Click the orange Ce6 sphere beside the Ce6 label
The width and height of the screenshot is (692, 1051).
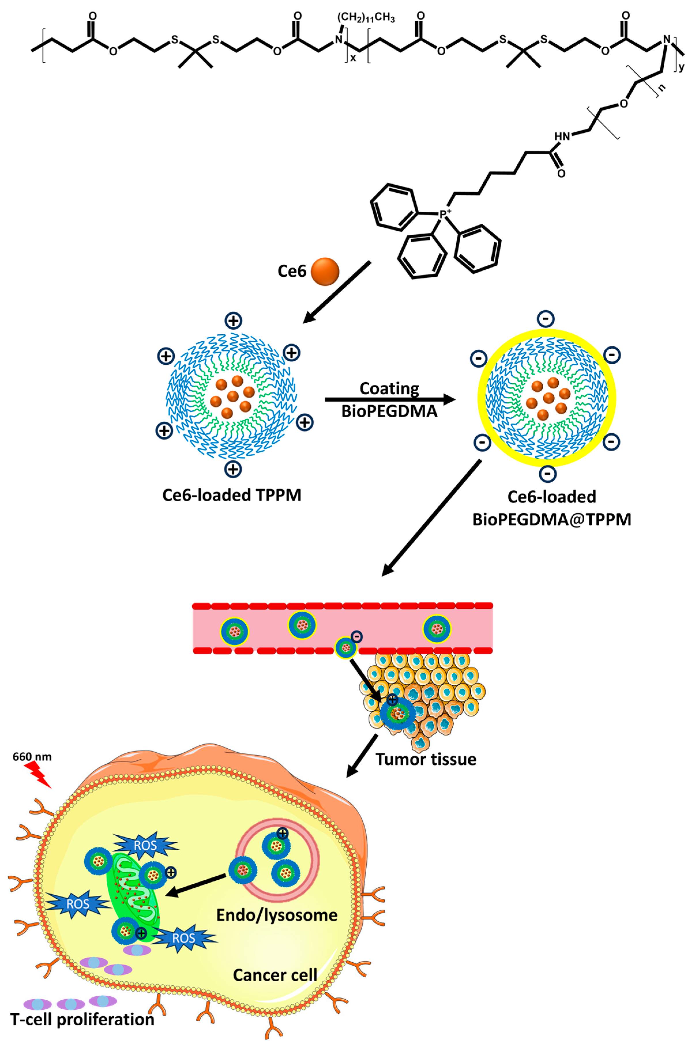pos(325,272)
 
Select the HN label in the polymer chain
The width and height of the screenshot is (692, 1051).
pos(562,136)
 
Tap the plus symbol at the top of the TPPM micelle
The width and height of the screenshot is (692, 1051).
pos(233,320)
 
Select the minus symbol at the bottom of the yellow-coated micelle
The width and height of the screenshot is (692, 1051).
pos(547,474)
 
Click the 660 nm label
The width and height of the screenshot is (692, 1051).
pos(32,757)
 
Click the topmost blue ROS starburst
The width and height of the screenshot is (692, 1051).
pos(145,845)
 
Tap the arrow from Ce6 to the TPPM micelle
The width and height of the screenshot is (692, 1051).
pos(337,292)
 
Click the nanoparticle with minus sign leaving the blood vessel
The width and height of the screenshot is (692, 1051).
pos(346,648)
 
